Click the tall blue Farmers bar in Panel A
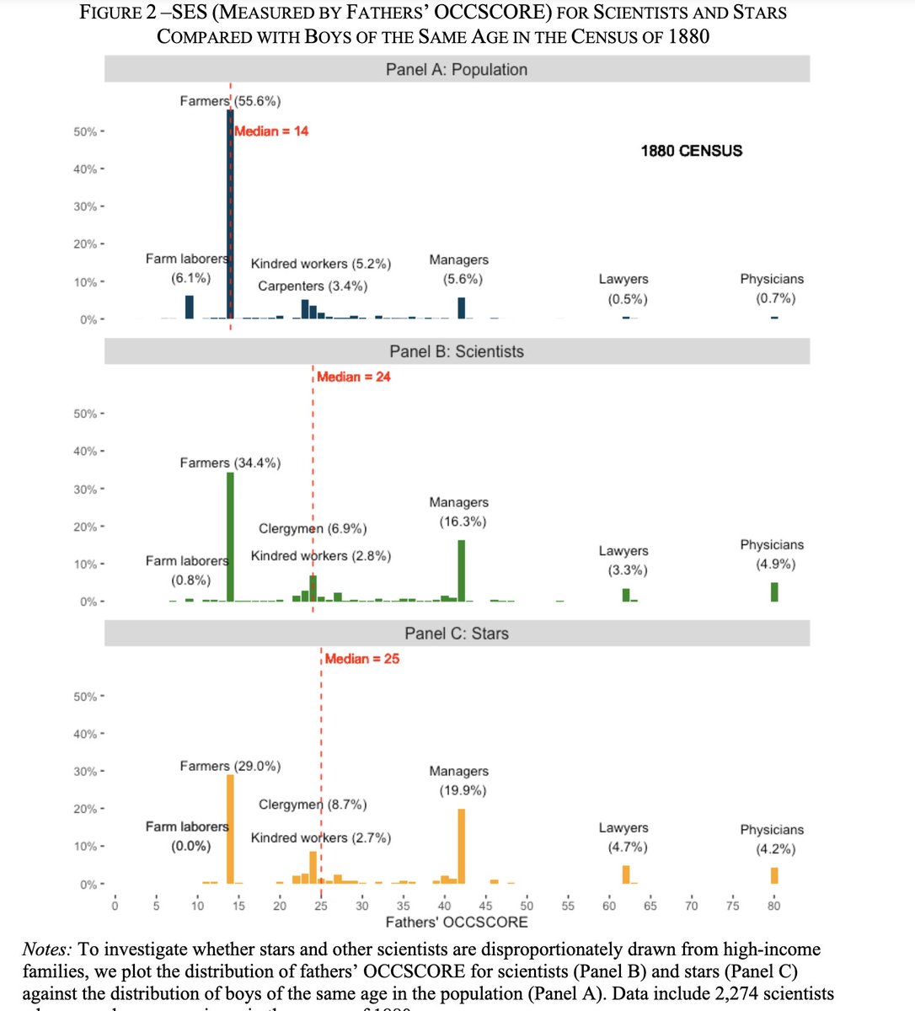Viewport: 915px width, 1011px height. (230, 219)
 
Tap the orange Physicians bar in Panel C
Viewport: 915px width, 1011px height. (773, 875)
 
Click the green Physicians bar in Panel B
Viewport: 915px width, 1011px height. (773, 592)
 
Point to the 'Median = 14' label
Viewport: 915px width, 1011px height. (271, 131)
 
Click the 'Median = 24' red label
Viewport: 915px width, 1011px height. (354, 377)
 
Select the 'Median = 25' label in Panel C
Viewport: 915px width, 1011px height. (362, 659)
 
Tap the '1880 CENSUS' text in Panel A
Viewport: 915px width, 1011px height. (692, 151)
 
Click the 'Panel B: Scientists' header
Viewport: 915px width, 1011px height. (457, 351)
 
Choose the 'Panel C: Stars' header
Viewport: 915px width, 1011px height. (457, 634)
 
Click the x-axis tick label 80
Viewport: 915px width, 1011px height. (773, 906)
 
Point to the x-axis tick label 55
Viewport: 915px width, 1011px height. (568, 906)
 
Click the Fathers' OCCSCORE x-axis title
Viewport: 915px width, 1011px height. (457, 923)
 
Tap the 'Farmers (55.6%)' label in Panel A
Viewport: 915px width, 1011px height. (230, 101)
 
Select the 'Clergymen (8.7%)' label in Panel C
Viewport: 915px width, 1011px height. (313, 805)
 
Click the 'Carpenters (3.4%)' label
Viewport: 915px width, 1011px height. (313, 286)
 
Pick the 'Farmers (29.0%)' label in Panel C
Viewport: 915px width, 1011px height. (230, 766)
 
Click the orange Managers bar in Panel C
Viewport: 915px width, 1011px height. (461, 847)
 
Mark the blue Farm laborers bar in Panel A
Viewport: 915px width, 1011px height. (190, 308)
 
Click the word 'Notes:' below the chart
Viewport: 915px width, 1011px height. (45, 949)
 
